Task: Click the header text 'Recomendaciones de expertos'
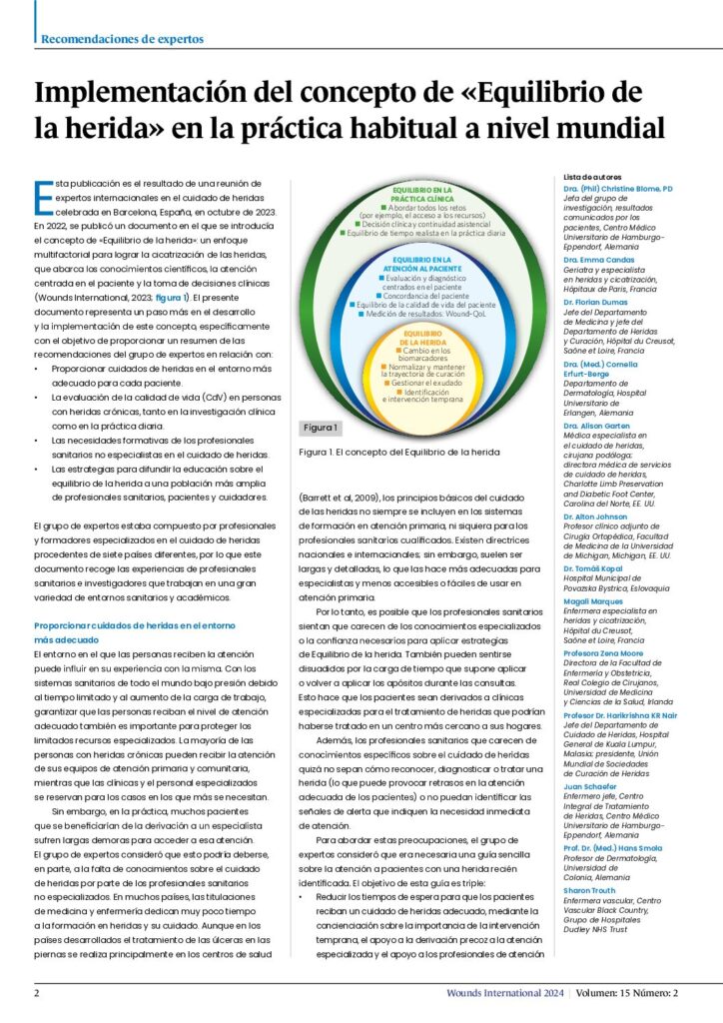[122, 39]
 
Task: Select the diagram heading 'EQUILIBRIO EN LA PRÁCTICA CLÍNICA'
[422, 193]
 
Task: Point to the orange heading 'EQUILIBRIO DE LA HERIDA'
[422, 338]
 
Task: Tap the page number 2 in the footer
[37, 993]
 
